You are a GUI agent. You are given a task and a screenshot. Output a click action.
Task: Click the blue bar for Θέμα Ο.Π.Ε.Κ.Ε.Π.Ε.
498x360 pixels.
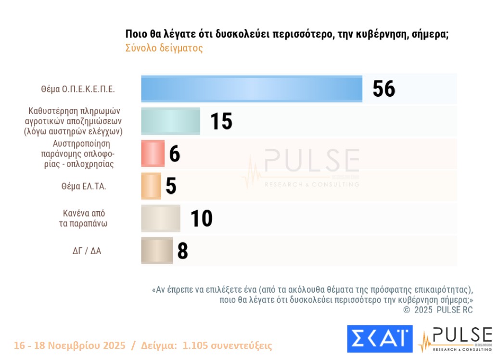pos(251,89)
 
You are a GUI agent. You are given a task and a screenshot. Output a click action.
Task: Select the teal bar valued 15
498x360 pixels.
pos(170,121)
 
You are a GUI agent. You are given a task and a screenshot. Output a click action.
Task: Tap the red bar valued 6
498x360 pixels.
pos(153,154)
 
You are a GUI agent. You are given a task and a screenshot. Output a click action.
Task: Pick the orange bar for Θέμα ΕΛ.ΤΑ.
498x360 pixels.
pos(151,186)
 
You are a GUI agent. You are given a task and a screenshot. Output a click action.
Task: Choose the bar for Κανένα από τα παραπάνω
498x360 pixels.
pos(160,219)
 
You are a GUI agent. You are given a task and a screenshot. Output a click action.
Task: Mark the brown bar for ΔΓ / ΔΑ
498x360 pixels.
pos(156,251)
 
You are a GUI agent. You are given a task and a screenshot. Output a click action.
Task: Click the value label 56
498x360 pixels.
pos(383,89)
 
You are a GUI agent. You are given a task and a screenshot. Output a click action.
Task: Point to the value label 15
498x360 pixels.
pos(221,121)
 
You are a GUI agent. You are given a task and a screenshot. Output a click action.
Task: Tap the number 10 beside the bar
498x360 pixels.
pos(201,219)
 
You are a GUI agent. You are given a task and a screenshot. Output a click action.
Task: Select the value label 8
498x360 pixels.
pos(182,251)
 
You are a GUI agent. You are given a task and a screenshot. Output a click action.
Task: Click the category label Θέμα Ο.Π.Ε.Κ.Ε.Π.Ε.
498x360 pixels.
pos(78,89)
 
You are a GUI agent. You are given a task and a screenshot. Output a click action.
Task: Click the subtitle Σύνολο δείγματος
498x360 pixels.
pos(164,48)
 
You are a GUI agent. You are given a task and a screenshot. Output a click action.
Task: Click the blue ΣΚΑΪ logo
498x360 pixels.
pos(380,339)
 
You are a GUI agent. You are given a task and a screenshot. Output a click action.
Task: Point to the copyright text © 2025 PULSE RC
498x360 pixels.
pos(438,310)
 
